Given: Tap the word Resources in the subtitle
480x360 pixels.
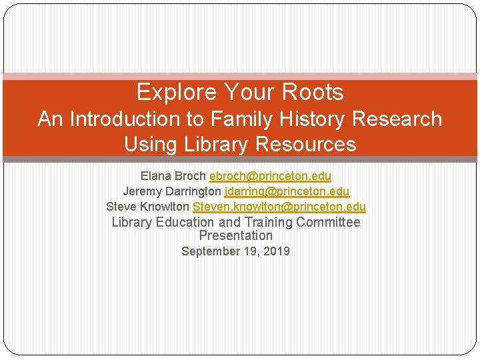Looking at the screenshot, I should tap(309, 144).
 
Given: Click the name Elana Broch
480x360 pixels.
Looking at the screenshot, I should tap(173, 177).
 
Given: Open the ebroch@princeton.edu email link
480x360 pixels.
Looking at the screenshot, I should tap(270, 177).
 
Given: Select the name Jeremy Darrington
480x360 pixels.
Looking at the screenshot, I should tap(172, 192).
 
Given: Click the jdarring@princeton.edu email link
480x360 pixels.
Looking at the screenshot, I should tap(287, 192).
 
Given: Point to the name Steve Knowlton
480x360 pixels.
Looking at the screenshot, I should tap(148, 207).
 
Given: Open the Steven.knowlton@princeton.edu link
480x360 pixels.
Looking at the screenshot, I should tap(279, 207).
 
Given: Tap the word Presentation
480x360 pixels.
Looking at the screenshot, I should tap(235, 236).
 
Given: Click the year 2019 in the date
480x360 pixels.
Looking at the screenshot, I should tap(277, 252).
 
